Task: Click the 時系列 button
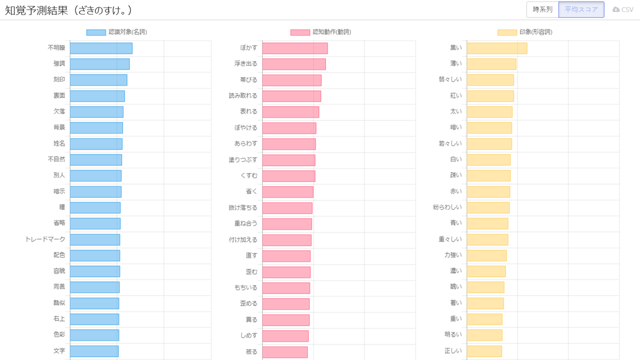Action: (542, 9)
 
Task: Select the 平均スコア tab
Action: (581, 9)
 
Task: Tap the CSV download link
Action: (623, 9)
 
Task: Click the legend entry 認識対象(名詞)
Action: (117, 32)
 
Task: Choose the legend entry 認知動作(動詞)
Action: (321, 32)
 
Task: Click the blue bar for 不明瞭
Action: (101, 48)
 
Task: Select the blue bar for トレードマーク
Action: (95, 239)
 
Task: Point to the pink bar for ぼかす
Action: (295, 48)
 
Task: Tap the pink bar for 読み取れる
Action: (291, 96)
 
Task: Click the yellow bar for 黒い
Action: (496, 48)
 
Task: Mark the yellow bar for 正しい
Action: (484, 351)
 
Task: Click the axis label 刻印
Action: (59, 80)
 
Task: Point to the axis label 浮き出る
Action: (245, 64)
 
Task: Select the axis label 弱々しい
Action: (450, 80)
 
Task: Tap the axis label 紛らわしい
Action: (447, 207)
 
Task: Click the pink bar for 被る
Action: (285, 352)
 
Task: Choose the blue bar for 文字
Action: (94, 351)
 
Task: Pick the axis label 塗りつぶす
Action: (243, 160)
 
